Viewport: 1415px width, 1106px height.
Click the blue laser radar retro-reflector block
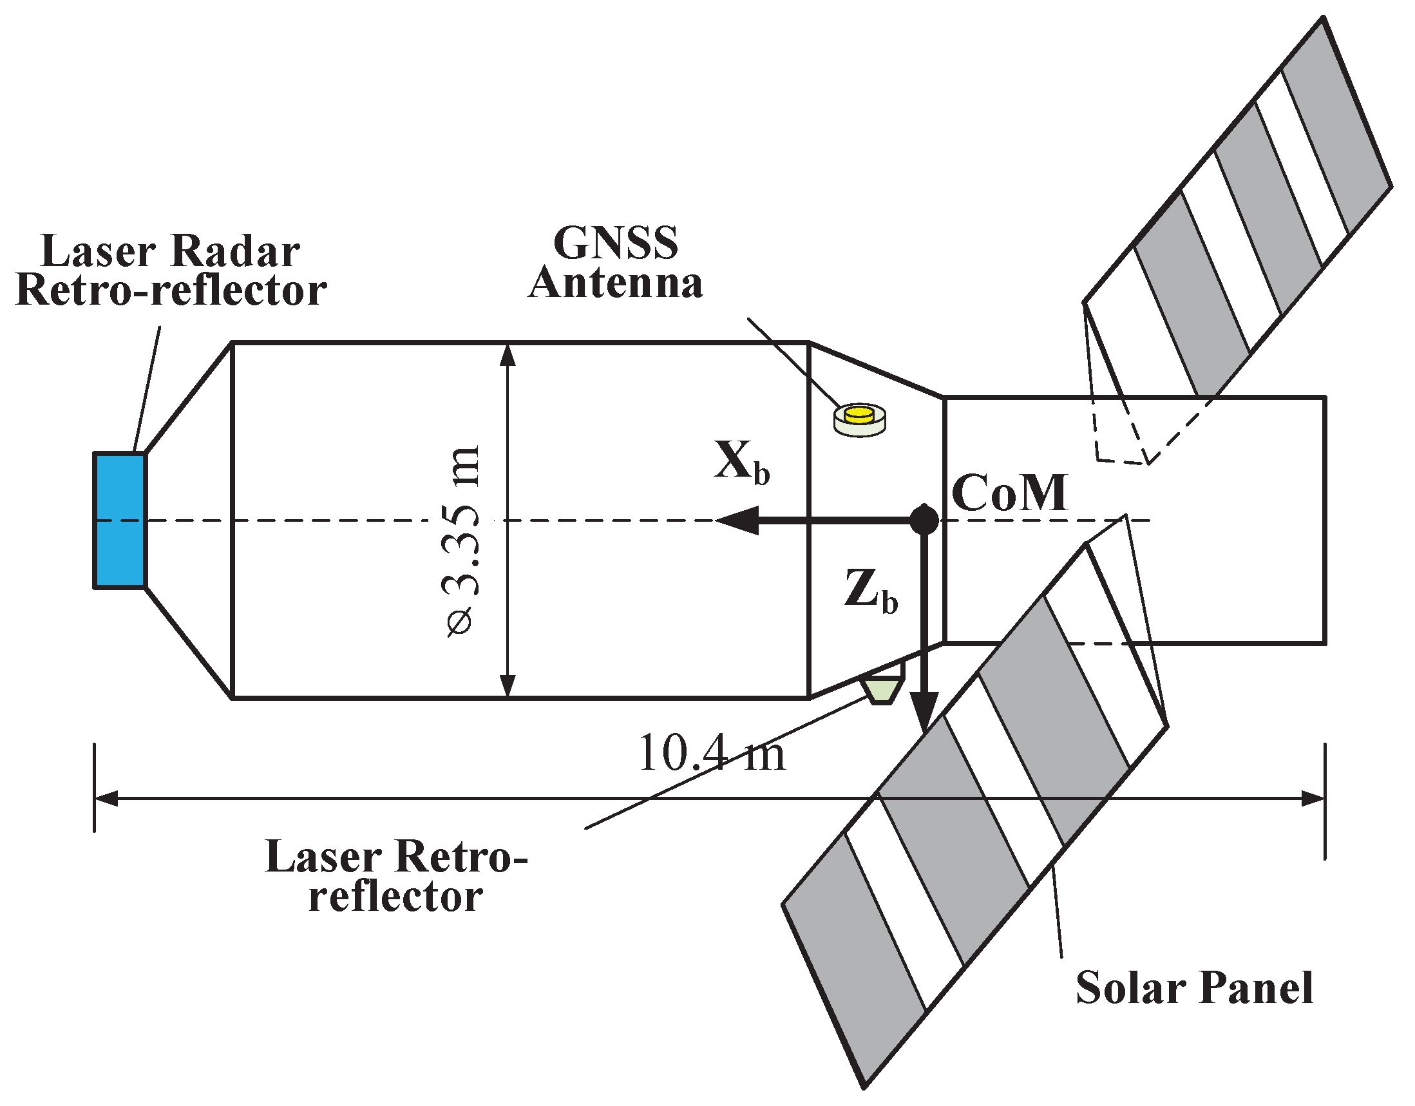click(120, 520)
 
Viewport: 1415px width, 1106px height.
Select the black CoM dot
click(924, 520)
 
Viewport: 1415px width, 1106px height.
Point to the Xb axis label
click(742, 462)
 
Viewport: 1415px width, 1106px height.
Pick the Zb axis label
click(871, 590)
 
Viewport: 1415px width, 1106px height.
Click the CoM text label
click(1009, 493)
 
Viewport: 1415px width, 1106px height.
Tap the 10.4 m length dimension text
click(712, 754)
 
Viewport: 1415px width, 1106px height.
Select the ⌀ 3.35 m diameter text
click(462, 541)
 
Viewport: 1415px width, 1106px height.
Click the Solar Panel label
click(1194, 988)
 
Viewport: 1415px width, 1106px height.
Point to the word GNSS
click(616, 243)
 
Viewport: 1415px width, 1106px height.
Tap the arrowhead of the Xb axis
click(736, 520)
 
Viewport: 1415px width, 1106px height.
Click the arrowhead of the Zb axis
click(924, 712)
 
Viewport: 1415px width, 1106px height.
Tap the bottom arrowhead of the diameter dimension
click(508, 686)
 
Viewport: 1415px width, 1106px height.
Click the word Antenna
click(616, 284)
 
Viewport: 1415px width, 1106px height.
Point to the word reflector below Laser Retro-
click(396, 897)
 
